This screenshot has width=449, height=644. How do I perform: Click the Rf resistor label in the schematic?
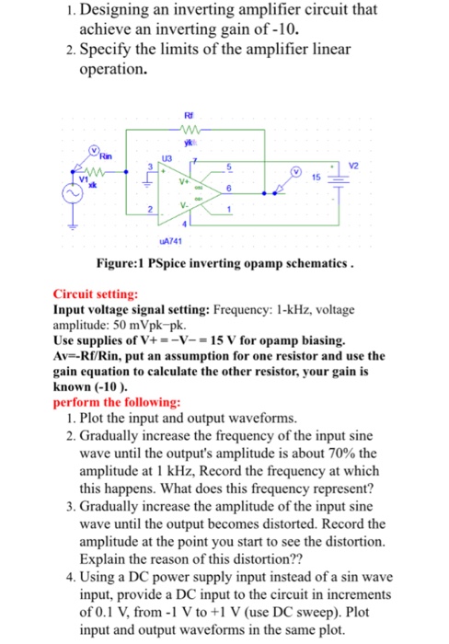click(191, 116)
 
